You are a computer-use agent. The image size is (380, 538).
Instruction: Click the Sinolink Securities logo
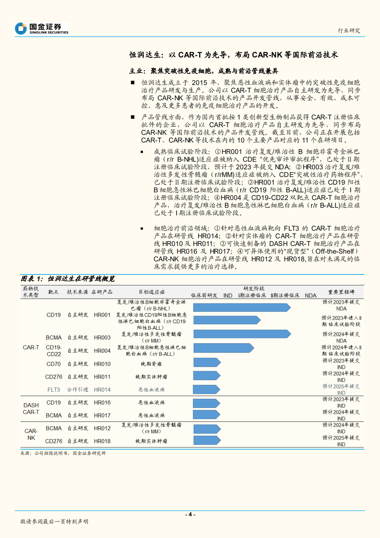[x=42, y=28]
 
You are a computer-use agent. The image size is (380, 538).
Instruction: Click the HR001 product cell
[x=102, y=315]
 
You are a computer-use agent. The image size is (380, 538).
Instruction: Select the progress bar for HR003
[x=242, y=334]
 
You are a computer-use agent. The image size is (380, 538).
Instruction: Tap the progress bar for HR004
[x=224, y=348]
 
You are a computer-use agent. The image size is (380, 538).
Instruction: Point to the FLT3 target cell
[x=54, y=390]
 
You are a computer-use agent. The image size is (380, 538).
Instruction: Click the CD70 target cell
[x=54, y=364]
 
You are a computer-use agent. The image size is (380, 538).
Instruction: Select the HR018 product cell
[x=102, y=441]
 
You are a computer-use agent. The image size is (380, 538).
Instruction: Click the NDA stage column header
[x=310, y=296]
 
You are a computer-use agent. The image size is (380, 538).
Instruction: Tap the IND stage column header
[x=228, y=296]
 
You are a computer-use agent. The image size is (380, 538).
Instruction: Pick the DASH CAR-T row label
[x=31, y=409]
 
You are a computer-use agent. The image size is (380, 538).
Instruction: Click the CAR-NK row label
[x=31, y=434]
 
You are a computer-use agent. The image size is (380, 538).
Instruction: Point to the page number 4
[x=190, y=514]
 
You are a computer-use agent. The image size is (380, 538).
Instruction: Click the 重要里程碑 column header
[x=341, y=292]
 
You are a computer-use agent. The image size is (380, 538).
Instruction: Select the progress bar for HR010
[x=207, y=362]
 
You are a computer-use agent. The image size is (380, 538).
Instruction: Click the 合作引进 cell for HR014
[x=78, y=390]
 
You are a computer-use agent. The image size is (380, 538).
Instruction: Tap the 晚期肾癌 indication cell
[x=151, y=364]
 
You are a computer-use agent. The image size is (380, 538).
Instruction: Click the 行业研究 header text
[x=349, y=31]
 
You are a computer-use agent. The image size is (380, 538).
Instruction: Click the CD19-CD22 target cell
[x=54, y=351]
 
